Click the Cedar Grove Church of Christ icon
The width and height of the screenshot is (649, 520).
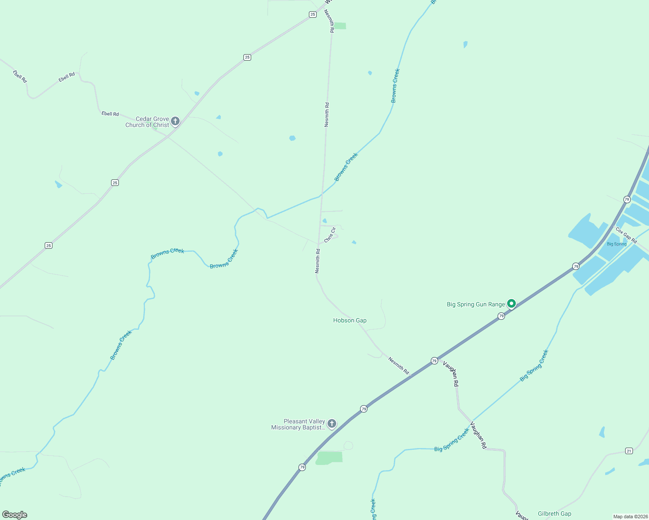(x=175, y=121)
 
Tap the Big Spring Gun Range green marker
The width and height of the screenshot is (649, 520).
(x=511, y=304)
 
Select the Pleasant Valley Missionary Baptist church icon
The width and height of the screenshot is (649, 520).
(x=332, y=424)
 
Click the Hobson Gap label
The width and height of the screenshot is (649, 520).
(x=350, y=320)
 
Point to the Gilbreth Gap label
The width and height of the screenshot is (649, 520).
(x=554, y=513)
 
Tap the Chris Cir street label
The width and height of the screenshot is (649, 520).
(x=330, y=235)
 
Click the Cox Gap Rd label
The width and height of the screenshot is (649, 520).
(x=626, y=235)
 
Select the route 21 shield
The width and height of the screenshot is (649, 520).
(x=629, y=451)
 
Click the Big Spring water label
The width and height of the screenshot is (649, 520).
(x=616, y=244)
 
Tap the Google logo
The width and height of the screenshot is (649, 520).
(x=15, y=515)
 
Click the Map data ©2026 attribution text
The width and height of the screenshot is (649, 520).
(x=630, y=517)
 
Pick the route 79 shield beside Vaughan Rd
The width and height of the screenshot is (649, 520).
(x=434, y=361)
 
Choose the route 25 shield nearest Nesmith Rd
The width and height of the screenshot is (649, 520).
(x=313, y=14)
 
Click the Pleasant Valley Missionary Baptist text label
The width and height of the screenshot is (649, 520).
(x=298, y=424)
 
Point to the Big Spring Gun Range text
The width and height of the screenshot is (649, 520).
(x=476, y=304)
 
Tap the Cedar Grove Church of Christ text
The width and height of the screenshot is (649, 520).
(x=147, y=122)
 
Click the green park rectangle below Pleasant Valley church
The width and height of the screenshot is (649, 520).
(x=329, y=458)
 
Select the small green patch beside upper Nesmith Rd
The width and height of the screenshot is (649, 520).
(x=340, y=26)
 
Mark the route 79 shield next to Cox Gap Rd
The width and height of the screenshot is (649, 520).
(x=627, y=199)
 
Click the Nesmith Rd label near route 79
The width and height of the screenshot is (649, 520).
(x=399, y=366)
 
